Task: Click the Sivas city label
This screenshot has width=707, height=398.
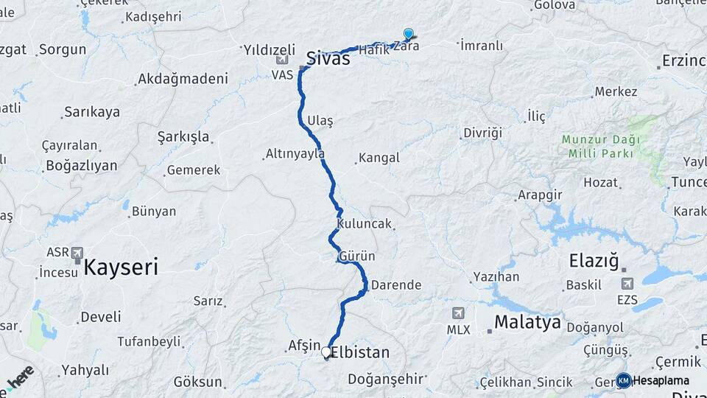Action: (328, 59)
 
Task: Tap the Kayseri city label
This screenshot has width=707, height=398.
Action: (121, 267)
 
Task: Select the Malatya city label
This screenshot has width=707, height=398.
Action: (527, 322)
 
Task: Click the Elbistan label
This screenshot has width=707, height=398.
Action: (360, 352)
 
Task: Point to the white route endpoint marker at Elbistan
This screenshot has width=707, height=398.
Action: (326, 352)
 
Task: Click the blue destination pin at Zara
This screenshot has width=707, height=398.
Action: (408, 34)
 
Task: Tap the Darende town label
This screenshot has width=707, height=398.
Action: (396, 284)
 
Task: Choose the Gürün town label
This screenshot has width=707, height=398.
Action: (357, 256)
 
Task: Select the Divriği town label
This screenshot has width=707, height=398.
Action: (482, 133)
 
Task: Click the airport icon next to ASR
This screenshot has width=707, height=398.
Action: (77, 253)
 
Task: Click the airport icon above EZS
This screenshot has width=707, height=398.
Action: (627, 283)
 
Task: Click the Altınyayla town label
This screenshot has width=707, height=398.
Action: (295, 154)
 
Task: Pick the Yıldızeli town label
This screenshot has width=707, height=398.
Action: (269, 50)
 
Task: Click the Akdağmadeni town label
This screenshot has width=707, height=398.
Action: (183, 78)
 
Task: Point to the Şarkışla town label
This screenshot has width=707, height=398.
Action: (183, 137)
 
